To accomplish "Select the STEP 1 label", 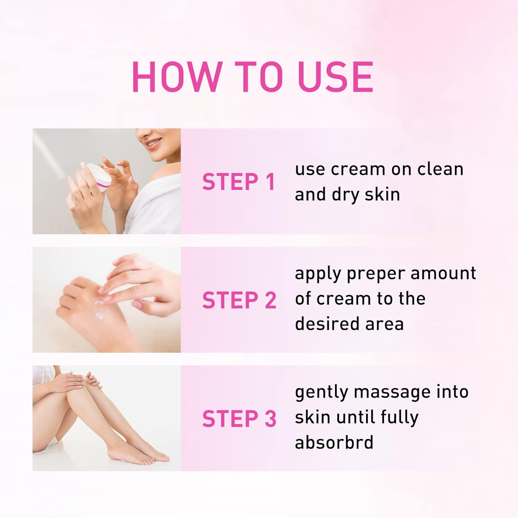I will pyautogui.click(x=239, y=182).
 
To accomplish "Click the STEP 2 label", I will pyautogui.click(x=239, y=300).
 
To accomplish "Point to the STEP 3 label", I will pyautogui.click(x=239, y=419).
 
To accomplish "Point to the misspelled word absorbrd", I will pyautogui.click(x=334, y=442).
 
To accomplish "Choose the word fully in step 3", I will pyautogui.click(x=399, y=417).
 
